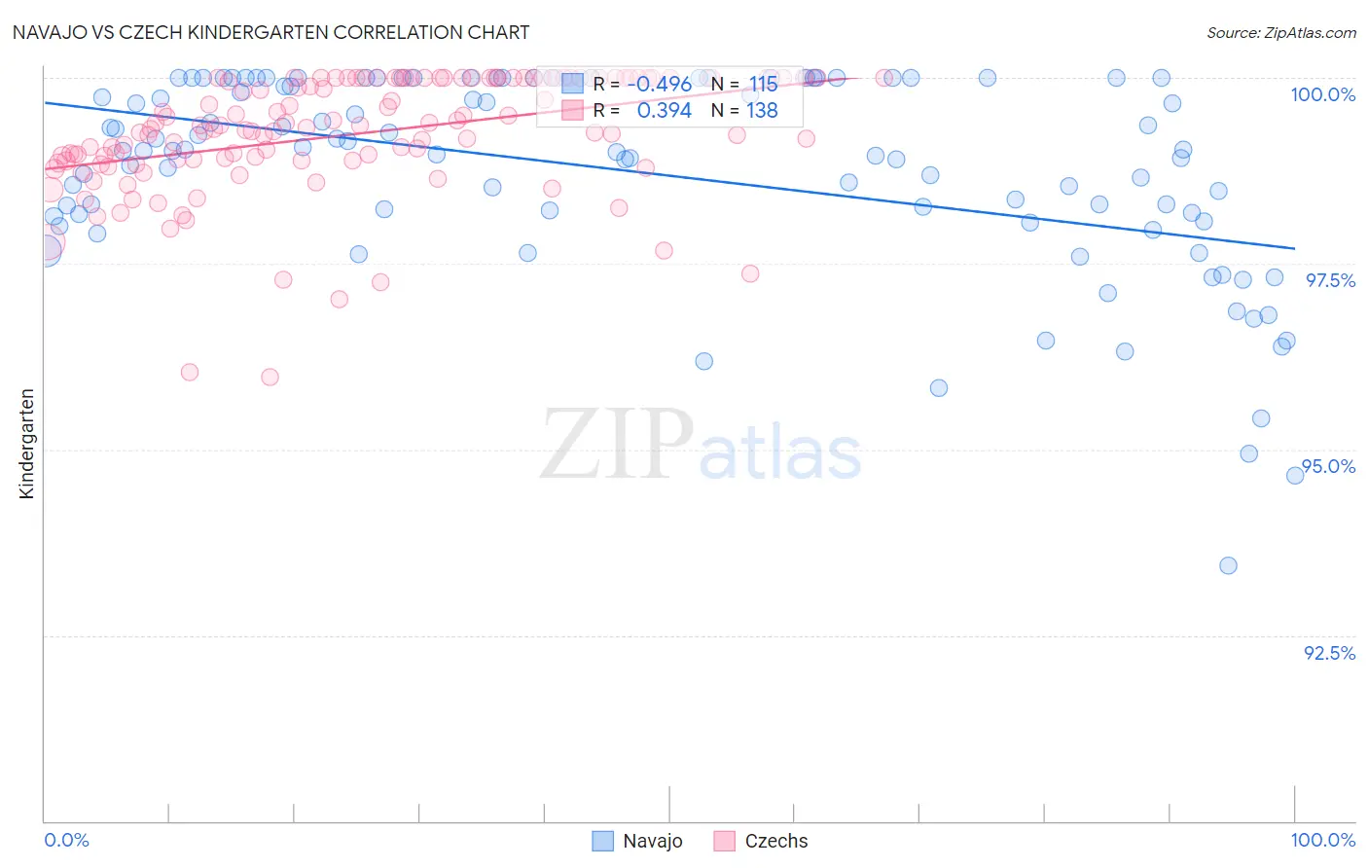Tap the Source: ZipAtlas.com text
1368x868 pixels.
coord(1280,33)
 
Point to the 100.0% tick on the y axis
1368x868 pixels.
coord(1322,94)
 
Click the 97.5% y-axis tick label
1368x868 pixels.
coord(1330,280)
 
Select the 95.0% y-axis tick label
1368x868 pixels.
coord(1329,466)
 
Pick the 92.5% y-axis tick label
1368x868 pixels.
coord(1329,653)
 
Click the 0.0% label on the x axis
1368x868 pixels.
coord(66,840)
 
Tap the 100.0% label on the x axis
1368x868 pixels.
coord(1322,840)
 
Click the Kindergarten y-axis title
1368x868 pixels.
coord(27,444)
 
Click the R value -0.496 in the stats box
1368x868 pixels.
coord(659,85)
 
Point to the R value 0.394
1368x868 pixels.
coord(664,111)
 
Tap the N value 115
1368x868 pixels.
coord(763,85)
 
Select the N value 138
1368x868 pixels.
coord(762,111)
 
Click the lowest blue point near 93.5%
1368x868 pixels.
coord(1228,565)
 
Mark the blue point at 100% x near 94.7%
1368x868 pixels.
coord(1294,476)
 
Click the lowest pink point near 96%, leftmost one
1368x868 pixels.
coord(190,372)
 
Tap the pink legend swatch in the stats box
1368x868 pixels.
coord(572,111)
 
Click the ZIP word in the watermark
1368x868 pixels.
coord(617,445)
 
